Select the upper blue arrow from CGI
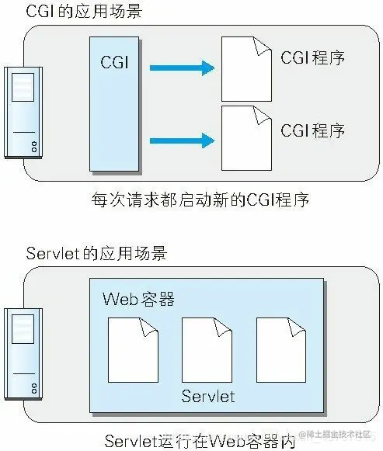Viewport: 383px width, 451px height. [x=181, y=68]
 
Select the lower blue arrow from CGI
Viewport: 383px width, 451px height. [x=181, y=140]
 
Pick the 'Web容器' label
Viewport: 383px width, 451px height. [x=138, y=300]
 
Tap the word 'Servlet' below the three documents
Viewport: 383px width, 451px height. [x=208, y=397]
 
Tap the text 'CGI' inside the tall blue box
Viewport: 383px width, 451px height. [x=116, y=61]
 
